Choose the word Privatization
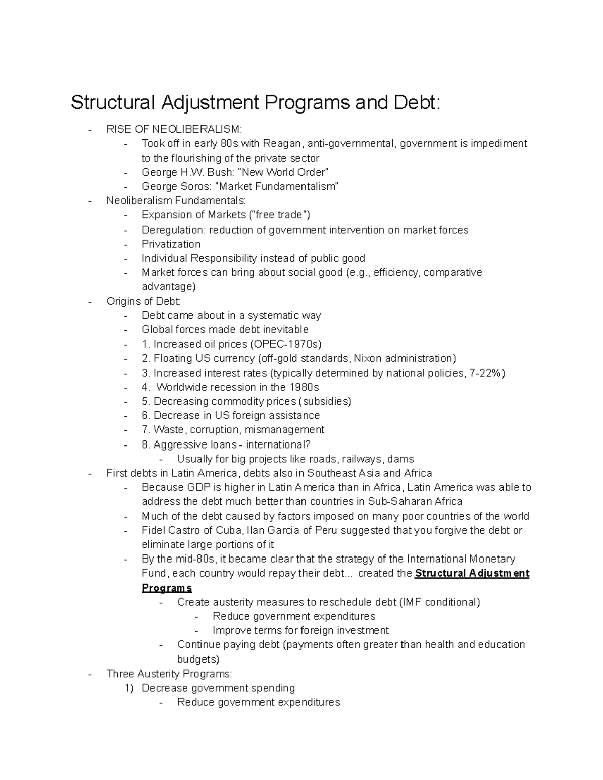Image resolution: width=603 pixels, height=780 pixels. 171,244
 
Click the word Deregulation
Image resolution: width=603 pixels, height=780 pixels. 173,230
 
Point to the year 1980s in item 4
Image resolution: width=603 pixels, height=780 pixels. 304,387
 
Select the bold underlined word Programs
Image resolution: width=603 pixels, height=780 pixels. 167,588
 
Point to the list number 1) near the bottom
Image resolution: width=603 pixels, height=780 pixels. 129,688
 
